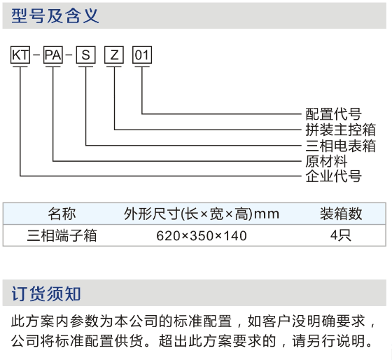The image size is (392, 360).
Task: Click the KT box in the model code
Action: point(20,55)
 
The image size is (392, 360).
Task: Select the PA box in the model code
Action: point(53,55)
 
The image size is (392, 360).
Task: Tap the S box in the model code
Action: point(85,55)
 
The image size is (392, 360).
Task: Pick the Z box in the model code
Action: point(114,55)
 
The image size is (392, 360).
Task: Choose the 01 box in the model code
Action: point(142,55)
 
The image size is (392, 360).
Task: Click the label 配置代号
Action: point(333,114)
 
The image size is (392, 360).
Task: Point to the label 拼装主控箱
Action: point(340,130)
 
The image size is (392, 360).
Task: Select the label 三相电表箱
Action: point(340,146)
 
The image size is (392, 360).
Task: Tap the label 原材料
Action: point(326,161)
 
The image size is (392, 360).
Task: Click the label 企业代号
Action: point(333,176)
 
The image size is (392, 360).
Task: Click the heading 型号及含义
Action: point(55,16)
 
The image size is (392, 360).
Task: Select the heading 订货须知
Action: point(46,293)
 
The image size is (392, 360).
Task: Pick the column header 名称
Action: point(62,214)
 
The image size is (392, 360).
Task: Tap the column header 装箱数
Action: point(341,214)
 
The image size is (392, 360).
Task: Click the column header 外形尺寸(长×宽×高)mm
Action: point(202,214)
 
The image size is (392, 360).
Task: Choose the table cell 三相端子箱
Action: point(62,235)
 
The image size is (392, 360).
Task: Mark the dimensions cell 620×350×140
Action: point(202,236)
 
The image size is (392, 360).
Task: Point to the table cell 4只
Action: point(341,235)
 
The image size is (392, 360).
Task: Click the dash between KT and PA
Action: point(36,55)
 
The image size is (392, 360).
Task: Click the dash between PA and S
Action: point(69,55)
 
